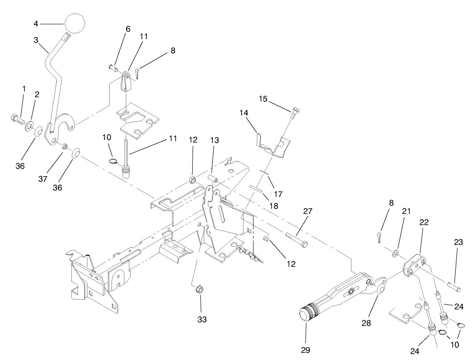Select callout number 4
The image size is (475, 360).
pyautogui.click(x=37, y=23)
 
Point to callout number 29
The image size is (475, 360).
pyautogui.click(x=306, y=350)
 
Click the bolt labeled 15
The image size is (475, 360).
pyautogui.click(x=296, y=112)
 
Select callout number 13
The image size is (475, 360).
pyautogui.click(x=215, y=140)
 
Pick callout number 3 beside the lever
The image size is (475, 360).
pyautogui.click(x=36, y=40)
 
